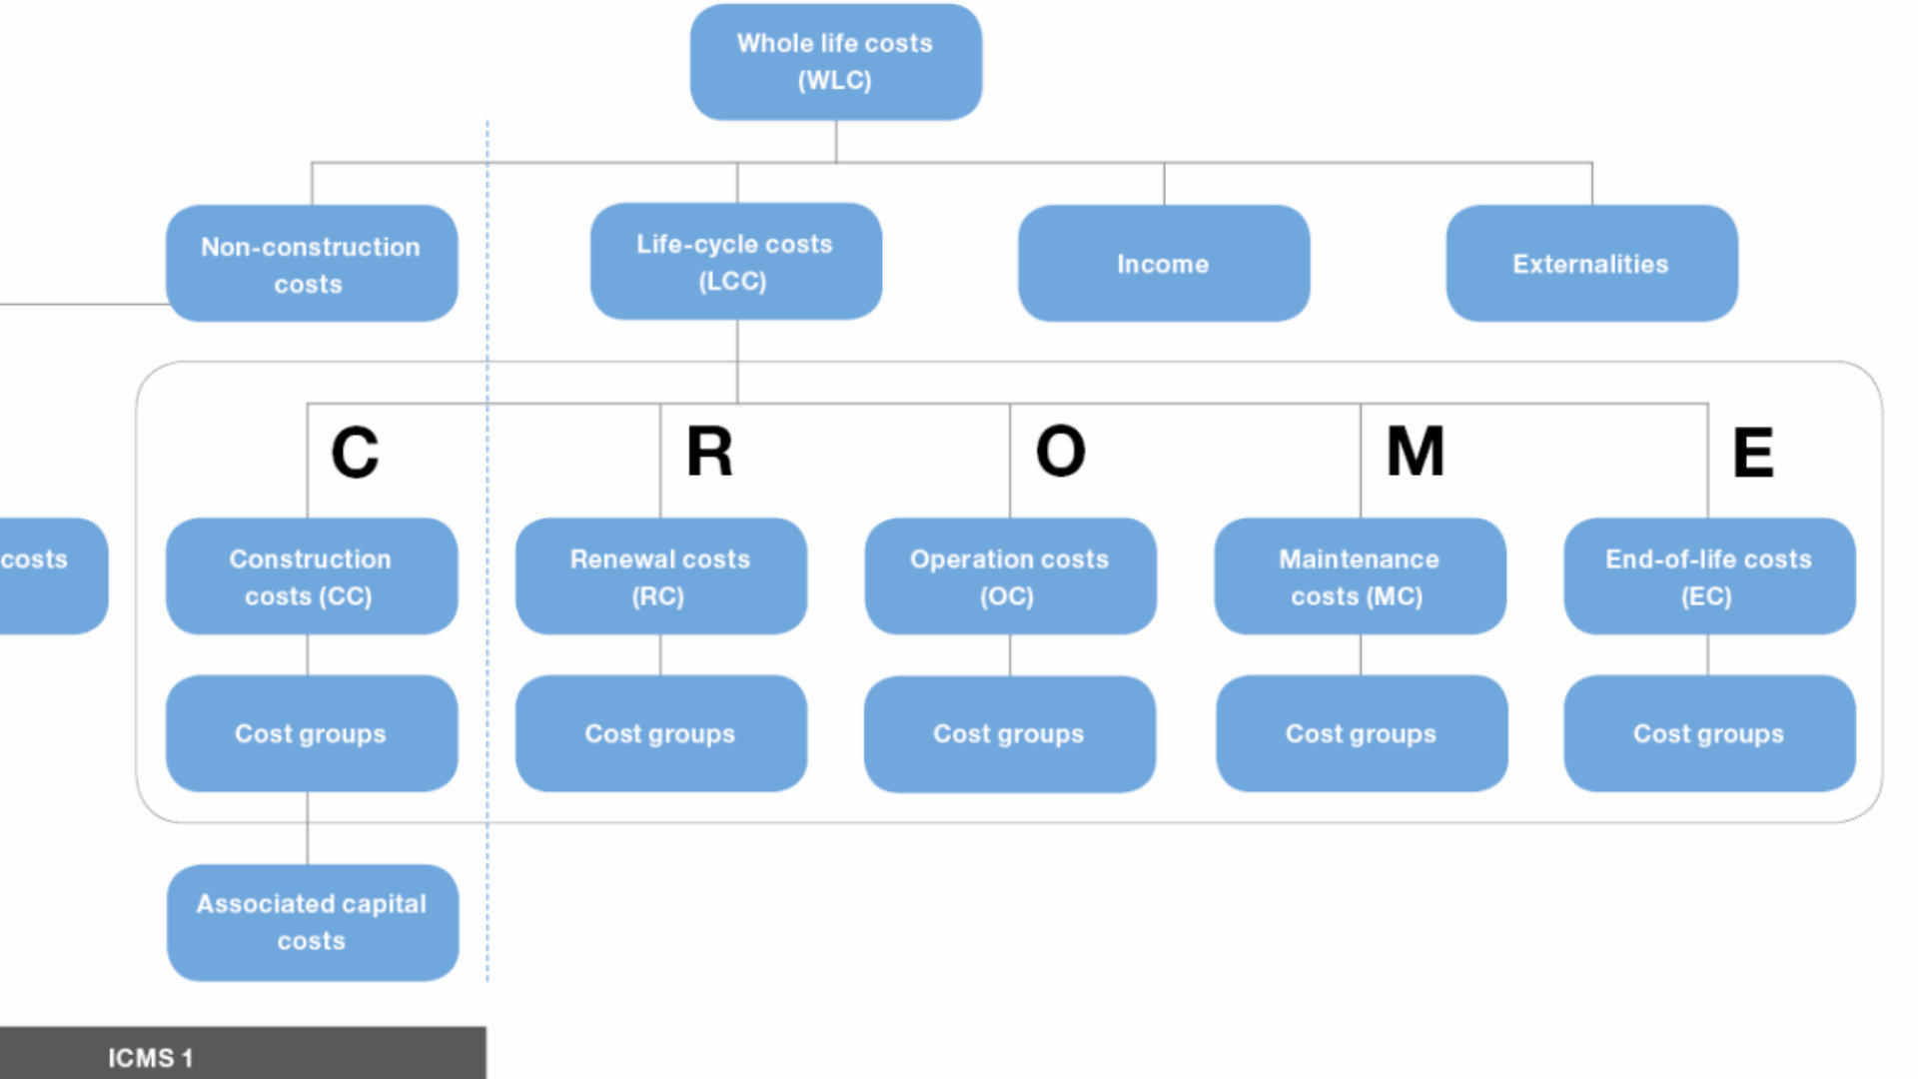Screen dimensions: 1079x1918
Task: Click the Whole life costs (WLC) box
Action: pyautogui.click(x=835, y=62)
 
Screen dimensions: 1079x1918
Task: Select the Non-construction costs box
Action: pyautogui.click(x=311, y=264)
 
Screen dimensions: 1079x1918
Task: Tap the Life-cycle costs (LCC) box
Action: pyautogui.click(x=735, y=262)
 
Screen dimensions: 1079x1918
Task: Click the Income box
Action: pyautogui.click(x=1163, y=264)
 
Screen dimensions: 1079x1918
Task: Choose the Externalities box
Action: pyautogui.click(x=1590, y=264)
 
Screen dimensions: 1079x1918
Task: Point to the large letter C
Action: pyautogui.click(x=355, y=453)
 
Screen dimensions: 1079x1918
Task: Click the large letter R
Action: pyautogui.click(x=709, y=452)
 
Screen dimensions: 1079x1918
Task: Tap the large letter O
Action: pyautogui.click(x=1060, y=452)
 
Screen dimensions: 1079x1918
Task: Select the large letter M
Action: pyautogui.click(x=1415, y=452)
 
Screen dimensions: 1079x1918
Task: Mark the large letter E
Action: pyautogui.click(x=1752, y=454)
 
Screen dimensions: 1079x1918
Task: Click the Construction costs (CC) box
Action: pyautogui.click(x=311, y=576)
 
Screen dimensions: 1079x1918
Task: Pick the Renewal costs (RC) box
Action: pyautogui.click(x=660, y=576)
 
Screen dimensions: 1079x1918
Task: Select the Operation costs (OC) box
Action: pyautogui.click(x=1009, y=576)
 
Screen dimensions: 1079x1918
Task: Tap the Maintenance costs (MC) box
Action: pyautogui.click(x=1359, y=576)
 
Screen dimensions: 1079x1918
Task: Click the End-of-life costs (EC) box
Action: pyautogui.click(x=1708, y=576)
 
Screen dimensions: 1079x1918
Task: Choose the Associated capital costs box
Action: pyautogui.click(x=312, y=922)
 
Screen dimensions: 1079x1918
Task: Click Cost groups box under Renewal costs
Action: pyautogui.click(x=660, y=733)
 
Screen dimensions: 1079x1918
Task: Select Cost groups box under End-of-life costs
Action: pyautogui.click(x=1708, y=733)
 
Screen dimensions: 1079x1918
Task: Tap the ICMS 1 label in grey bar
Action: pyautogui.click(x=150, y=1057)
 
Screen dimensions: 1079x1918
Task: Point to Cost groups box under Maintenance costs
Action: pyautogui.click(x=1361, y=733)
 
